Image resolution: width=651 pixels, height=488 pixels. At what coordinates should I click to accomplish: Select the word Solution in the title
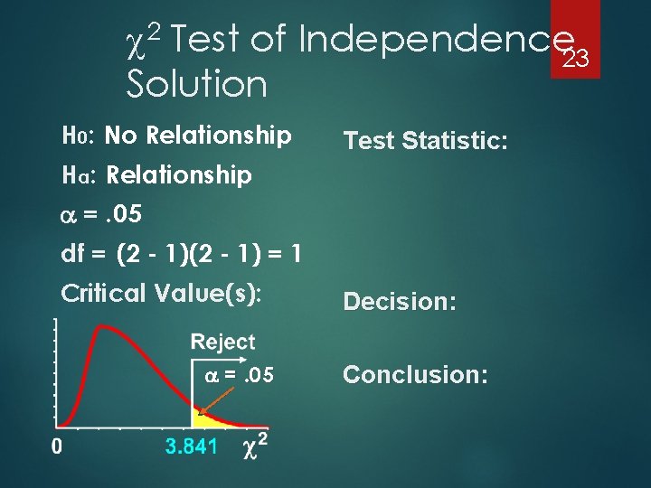click(x=197, y=85)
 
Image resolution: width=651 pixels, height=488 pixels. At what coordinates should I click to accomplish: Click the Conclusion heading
click(x=416, y=374)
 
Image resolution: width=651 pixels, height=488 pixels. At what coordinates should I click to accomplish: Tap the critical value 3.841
click(x=191, y=446)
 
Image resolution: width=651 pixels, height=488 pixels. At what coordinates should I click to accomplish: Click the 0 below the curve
click(x=56, y=446)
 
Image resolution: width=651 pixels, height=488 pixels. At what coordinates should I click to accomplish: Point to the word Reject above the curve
click(x=222, y=343)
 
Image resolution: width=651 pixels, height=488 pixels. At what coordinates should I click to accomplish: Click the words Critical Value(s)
click(x=160, y=294)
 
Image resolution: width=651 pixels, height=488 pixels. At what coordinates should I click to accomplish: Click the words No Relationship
click(x=198, y=136)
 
